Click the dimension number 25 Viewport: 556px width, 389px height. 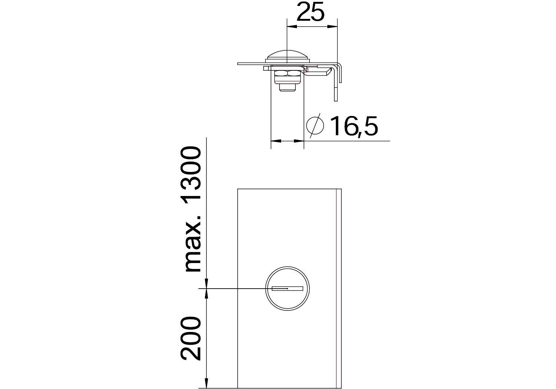point(310,11)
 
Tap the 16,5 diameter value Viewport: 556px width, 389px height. point(354,126)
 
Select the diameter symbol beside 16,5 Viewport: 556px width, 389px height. point(315,126)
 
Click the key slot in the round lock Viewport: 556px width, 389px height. point(287,288)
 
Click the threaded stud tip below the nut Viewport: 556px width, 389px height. point(287,87)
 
